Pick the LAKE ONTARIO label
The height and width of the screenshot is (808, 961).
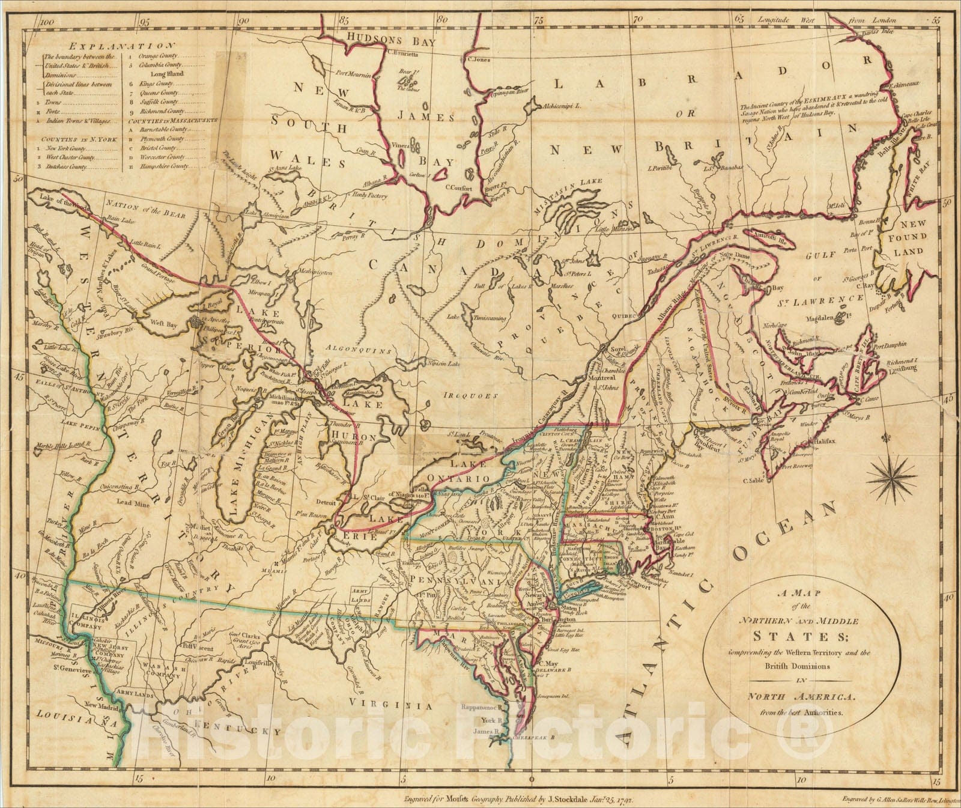pyautogui.click(x=459, y=472)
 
